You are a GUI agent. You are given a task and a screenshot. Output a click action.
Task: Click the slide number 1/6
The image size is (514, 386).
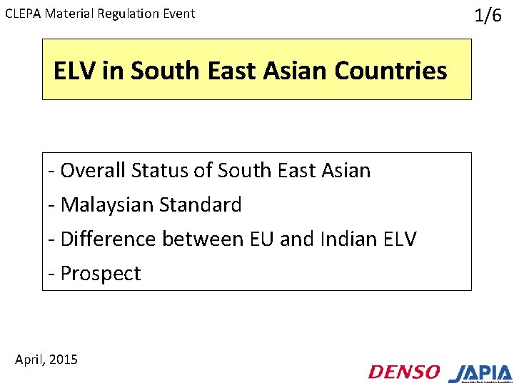coord(488,16)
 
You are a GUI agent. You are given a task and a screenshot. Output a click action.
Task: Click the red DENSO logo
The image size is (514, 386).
coord(404,372)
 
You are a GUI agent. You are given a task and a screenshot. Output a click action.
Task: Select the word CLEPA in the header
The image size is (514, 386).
coord(23,14)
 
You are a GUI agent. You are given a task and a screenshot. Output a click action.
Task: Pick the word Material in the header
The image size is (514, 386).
coord(71,14)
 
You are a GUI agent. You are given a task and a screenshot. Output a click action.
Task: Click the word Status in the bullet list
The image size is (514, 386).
coord(146,170)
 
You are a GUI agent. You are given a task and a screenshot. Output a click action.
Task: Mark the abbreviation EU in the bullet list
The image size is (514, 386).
coord(262,239)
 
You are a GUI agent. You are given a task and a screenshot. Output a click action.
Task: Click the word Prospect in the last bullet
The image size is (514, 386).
coord(101,273)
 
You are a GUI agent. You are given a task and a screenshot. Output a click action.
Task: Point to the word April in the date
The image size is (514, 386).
coord(31,360)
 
